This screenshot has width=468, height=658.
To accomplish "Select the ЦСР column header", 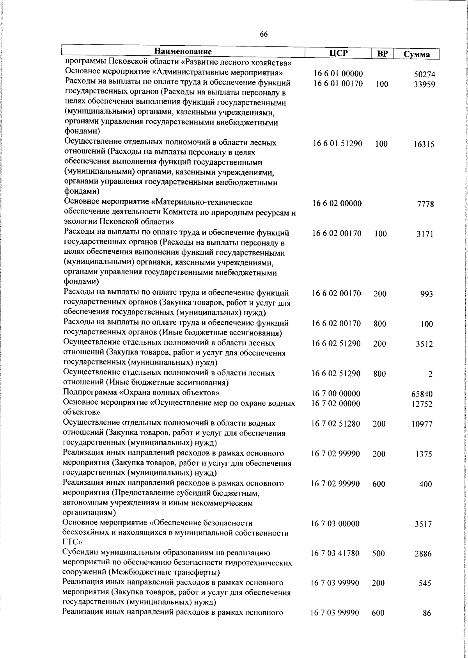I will pos(338,53).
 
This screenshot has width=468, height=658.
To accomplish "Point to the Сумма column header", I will pos(417,55).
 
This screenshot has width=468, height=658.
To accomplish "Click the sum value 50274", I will pos(424,75).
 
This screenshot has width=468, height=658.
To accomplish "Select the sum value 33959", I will pos(424,84).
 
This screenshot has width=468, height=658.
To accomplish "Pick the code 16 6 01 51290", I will pos(337,144).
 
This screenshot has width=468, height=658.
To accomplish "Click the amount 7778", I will pos(425,204).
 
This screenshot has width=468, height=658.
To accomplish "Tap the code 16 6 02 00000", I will pos(337,203).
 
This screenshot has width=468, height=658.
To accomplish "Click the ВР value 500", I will pos(378,553).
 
